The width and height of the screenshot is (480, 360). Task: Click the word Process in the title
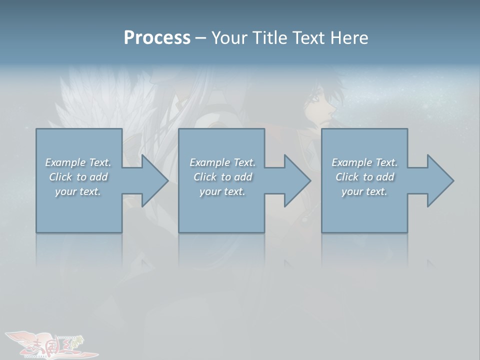coord(157,38)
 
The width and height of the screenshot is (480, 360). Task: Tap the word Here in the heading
coord(348,38)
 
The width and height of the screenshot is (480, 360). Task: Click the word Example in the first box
coord(65,162)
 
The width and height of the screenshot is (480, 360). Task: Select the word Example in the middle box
coord(210,162)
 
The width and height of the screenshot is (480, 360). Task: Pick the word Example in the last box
coord(352,162)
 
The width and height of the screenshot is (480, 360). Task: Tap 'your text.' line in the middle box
coord(222,191)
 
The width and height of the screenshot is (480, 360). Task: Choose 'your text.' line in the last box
coord(364,191)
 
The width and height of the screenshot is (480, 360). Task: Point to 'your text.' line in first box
coord(77,191)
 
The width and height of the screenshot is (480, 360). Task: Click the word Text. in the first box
coord(100,162)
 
